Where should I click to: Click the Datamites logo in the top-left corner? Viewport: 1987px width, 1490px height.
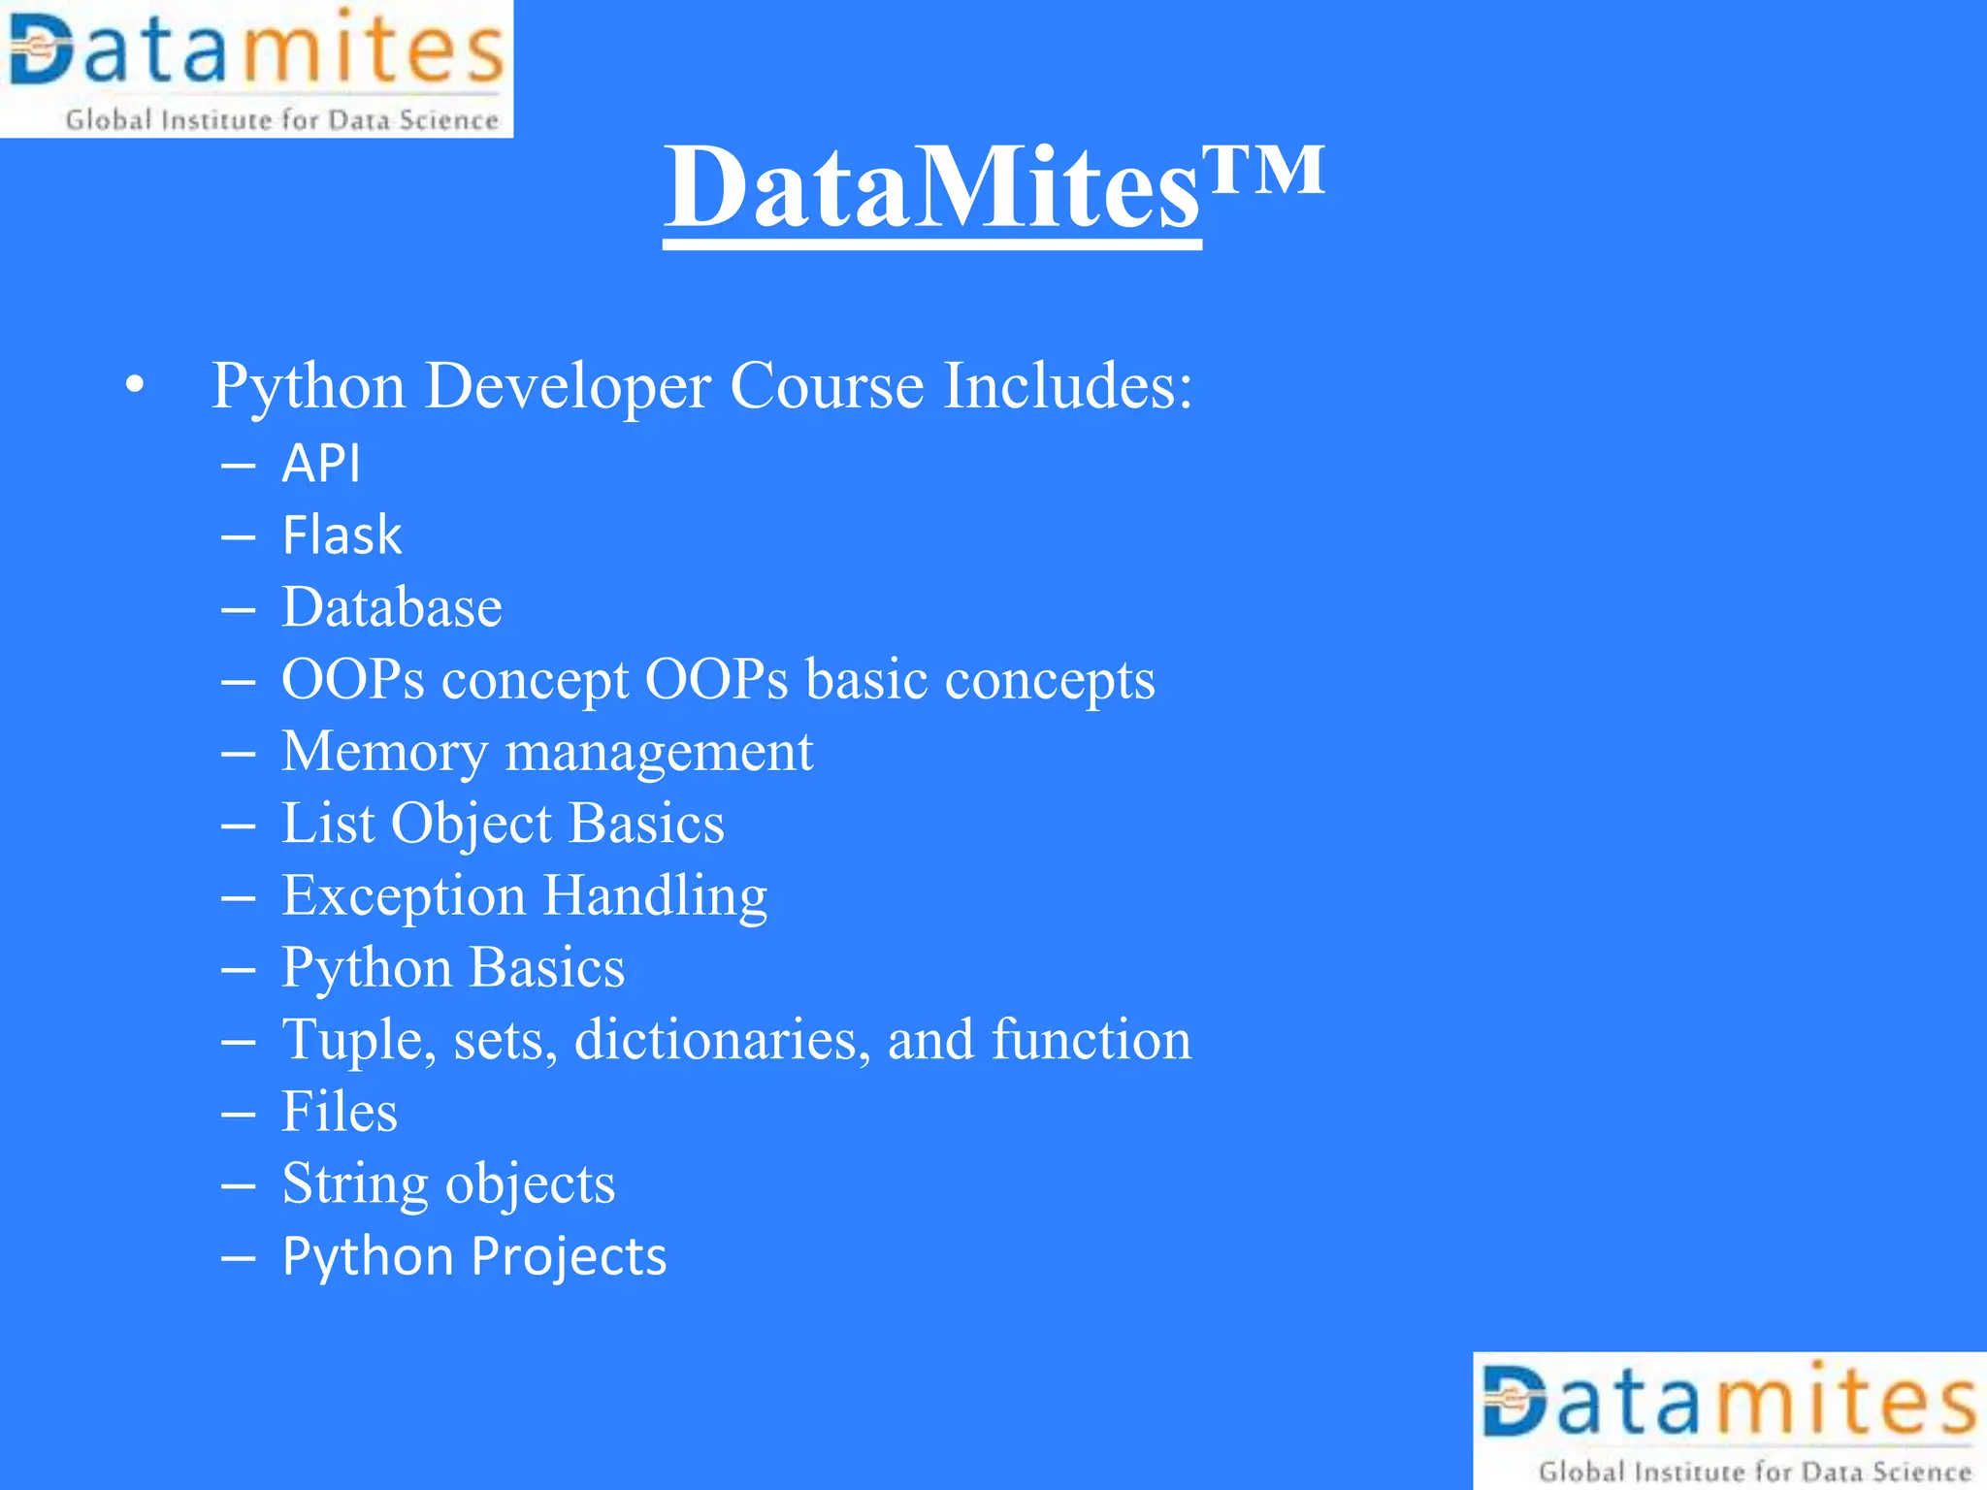tap(256, 68)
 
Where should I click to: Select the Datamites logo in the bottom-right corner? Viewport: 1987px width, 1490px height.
tap(1729, 1420)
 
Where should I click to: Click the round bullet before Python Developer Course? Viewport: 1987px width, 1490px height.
tap(135, 386)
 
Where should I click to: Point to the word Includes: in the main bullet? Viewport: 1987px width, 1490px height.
tap(1067, 386)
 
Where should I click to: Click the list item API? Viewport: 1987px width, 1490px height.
tap(321, 463)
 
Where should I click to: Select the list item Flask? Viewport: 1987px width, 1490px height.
tap(342, 534)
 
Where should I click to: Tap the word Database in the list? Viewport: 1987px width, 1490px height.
tap(392, 607)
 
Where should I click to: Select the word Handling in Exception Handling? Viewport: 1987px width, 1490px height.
tap(655, 895)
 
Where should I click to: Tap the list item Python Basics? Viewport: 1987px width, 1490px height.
tap(453, 967)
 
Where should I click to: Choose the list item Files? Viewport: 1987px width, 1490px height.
tap(340, 1112)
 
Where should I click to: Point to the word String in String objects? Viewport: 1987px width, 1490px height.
tap(355, 1183)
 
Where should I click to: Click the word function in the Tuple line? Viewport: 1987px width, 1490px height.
tap(1091, 1040)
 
